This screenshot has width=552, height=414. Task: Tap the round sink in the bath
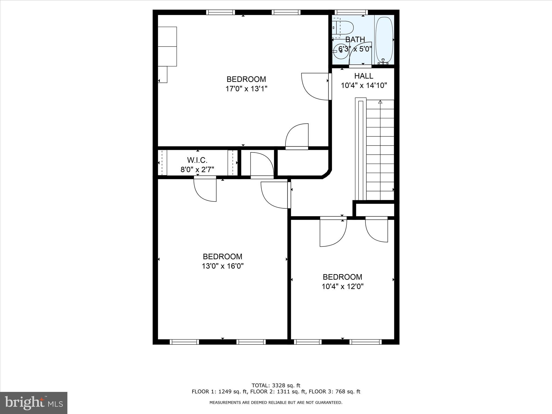pos(340,51)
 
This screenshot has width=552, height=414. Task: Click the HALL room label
pos(364,76)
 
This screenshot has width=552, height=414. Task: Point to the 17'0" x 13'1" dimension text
pos(246,89)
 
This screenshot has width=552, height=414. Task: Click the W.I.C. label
pos(197,160)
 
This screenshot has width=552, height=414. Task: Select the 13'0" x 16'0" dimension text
pos(223,266)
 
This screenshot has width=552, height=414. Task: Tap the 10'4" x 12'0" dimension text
pos(343,287)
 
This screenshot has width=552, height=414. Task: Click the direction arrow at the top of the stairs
pos(380,102)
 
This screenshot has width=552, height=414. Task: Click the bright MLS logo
pos(34,403)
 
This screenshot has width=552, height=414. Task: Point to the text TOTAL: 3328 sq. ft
pos(276,385)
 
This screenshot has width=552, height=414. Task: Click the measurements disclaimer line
pos(276,402)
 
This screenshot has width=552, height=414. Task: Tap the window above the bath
pos(351,12)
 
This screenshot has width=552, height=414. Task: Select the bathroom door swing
pos(360,54)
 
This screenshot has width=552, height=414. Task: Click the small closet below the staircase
pos(375,210)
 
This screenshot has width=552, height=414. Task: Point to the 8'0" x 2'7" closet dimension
pos(197,170)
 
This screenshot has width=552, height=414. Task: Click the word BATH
pos(355,39)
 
